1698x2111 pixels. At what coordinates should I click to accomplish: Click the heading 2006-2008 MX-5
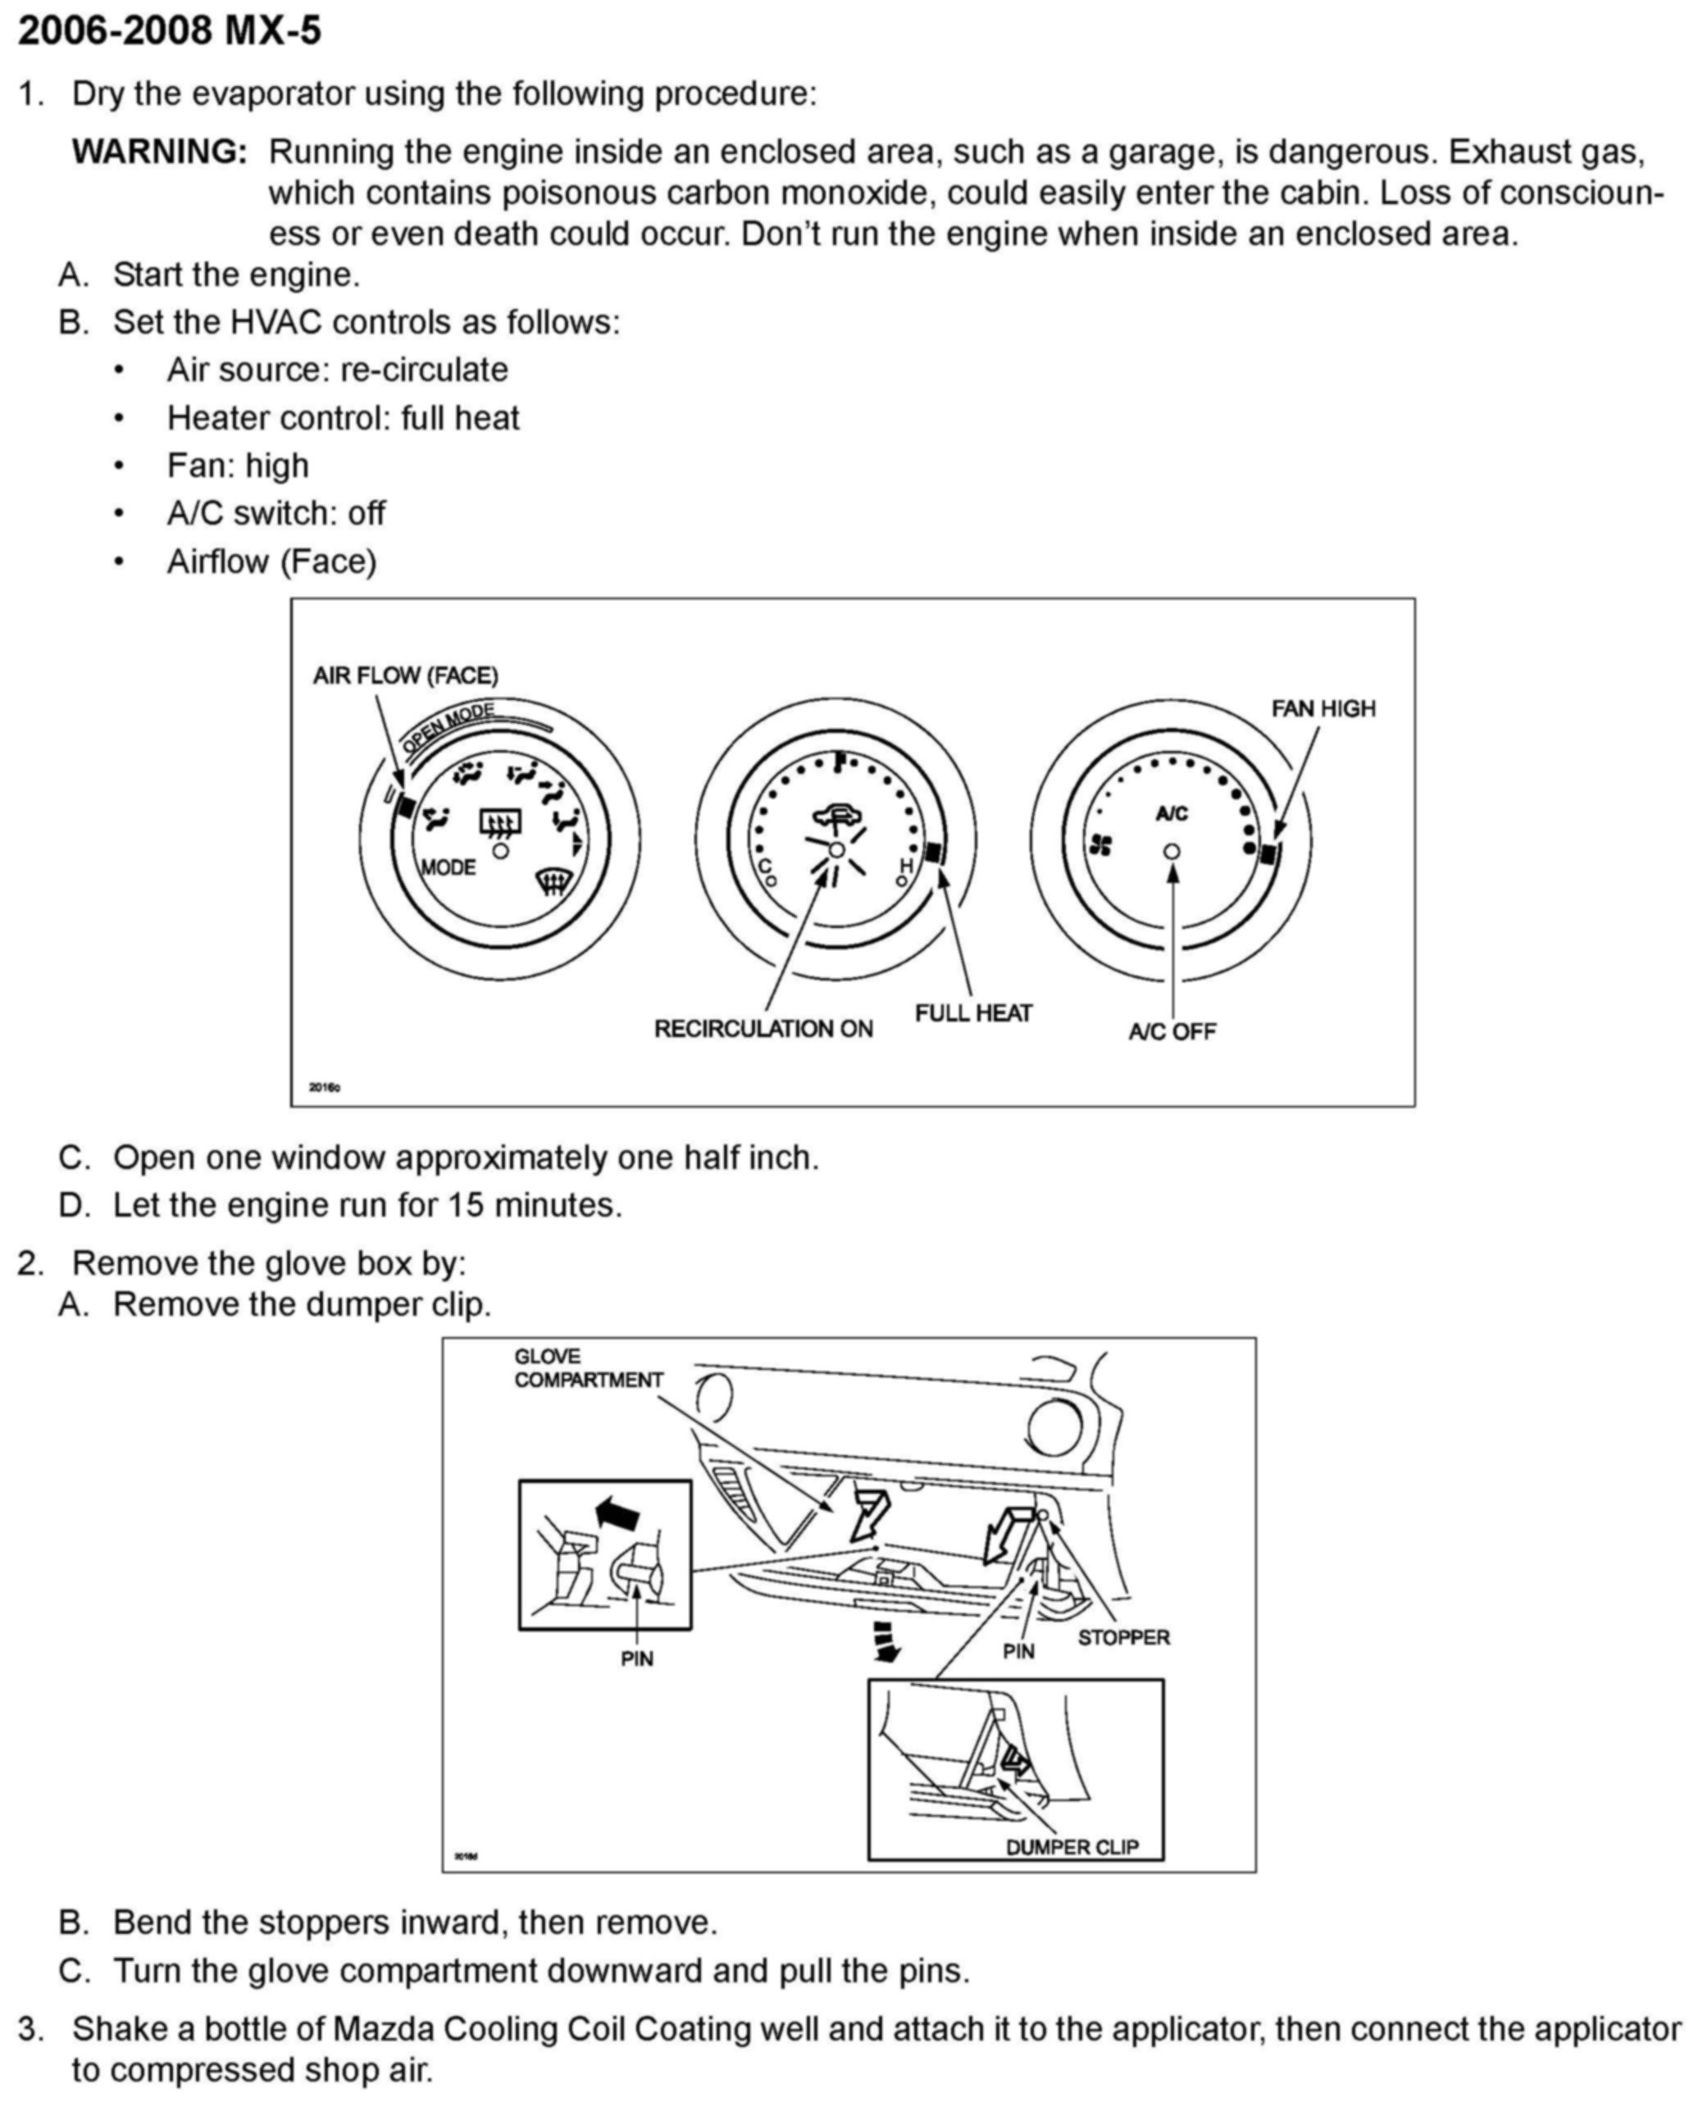(170, 32)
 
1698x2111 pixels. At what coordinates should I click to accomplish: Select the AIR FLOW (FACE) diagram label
(405, 676)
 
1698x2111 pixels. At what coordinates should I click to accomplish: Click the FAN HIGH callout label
(1323, 708)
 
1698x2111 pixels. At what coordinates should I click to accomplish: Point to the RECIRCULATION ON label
(764, 1029)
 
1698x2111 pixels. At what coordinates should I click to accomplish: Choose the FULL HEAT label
(973, 1013)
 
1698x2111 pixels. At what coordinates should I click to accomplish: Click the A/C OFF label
(1172, 1031)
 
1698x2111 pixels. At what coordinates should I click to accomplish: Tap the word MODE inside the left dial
(448, 867)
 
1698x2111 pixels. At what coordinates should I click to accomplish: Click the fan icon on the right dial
(1100, 844)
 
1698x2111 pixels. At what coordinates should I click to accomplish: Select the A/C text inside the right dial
(1172, 813)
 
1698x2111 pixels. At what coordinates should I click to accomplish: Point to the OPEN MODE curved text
(448, 726)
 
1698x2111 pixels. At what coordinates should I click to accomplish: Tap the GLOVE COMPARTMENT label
(589, 1367)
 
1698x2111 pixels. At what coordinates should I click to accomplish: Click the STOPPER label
(1123, 1637)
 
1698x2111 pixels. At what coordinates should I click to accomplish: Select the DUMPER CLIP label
(1072, 1847)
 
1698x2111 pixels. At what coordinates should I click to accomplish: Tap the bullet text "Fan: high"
(238, 465)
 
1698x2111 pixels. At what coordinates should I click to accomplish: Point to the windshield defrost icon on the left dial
(554, 884)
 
